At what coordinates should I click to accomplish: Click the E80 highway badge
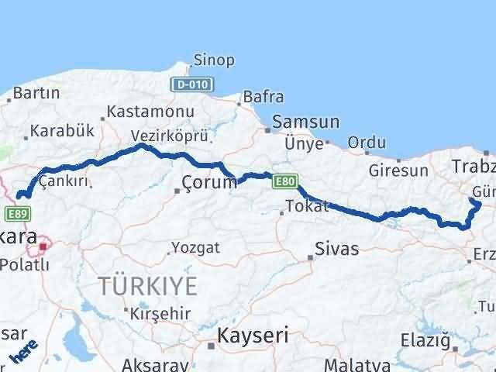tap(284, 182)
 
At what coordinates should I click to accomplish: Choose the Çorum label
tap(208, 183)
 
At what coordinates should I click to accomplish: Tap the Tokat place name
tap(307, 206)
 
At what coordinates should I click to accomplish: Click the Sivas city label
tap(336, 250)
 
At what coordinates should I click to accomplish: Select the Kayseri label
tap(253, 336)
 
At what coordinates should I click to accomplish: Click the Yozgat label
tap(195, 248)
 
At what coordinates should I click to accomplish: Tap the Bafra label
tap(263, 97)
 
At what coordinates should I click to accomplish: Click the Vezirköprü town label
tap(170, 134)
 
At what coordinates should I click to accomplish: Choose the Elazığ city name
tap(425, 339)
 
